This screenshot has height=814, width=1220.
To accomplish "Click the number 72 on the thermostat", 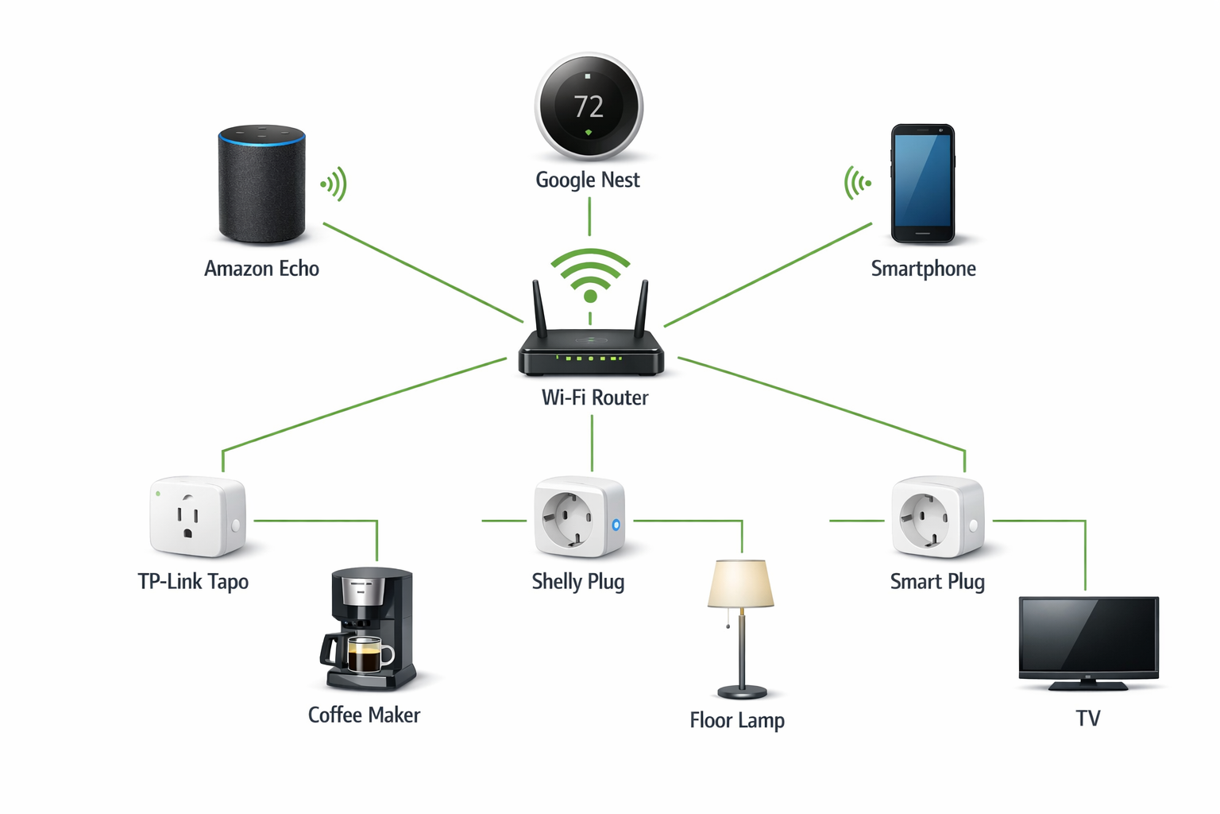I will (x=589, y=107).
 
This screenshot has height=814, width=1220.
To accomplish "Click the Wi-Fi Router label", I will (x=594, y=397).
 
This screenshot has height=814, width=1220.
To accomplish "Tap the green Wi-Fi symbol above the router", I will (x=590, y=274).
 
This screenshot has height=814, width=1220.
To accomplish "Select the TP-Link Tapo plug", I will (x=197, y=517).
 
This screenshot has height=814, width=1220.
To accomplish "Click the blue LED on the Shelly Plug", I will (x=616, y=525).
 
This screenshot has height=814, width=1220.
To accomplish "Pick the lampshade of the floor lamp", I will (x=740, y=584).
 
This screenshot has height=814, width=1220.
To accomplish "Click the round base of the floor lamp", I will (x=742, y=691).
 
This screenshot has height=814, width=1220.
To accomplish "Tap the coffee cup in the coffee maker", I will (x=367, y=657).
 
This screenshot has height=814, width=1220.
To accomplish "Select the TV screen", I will (x=1088, y=634).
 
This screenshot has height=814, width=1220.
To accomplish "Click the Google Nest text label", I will (x=587, y=180).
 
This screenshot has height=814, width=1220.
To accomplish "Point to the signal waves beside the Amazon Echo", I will (x=334, y=184).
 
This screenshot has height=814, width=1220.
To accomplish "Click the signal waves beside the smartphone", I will (x=857, y=183).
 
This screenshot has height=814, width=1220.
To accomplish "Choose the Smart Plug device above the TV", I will (x=936, y=517).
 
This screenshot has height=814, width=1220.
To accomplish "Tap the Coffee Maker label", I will (x=364, y=715).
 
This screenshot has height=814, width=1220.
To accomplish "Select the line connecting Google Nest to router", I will (x=589, y=216).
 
